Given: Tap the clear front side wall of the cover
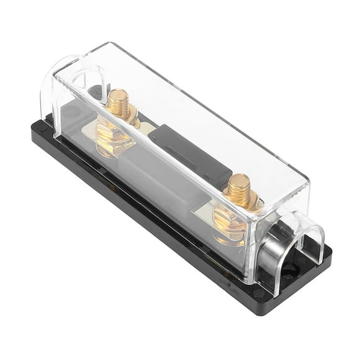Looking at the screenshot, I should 155,186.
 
